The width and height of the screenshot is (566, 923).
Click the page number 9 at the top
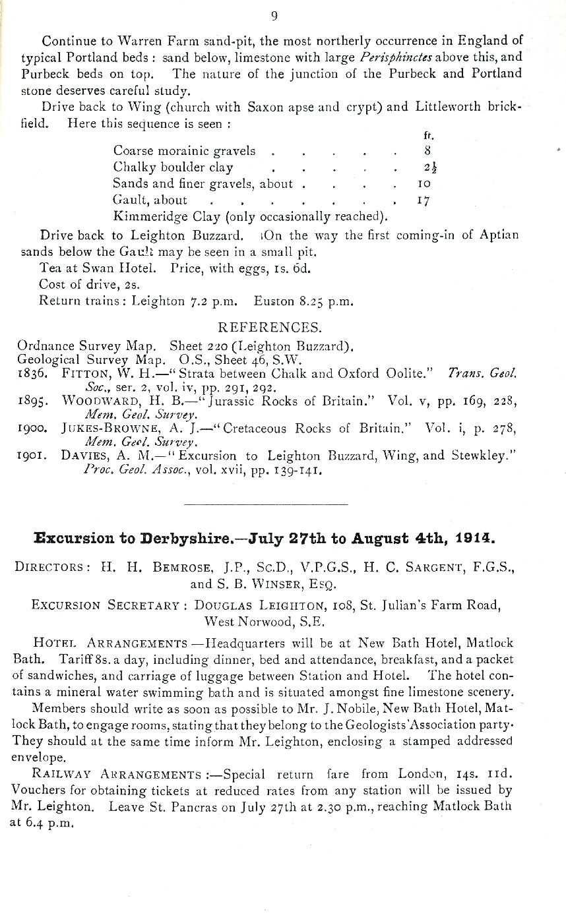[274, 16]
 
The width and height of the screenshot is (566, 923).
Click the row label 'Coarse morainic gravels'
[184, 151]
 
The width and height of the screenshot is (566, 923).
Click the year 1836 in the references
[32, 374]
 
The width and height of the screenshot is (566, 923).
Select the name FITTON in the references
[83, 374]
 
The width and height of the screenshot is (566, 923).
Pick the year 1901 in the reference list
[32, 456]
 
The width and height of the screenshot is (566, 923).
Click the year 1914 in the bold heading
[474, 538]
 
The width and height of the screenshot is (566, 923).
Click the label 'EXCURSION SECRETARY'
[106, 605]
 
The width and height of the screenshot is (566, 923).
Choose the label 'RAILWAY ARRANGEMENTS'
[117, 775]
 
